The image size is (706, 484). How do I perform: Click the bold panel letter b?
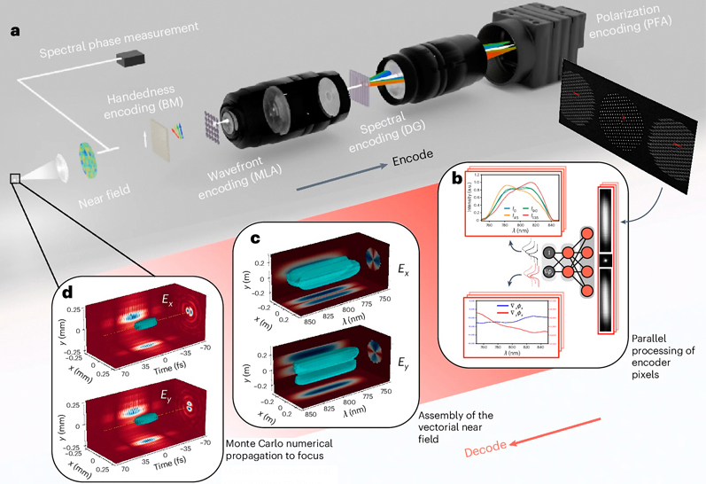point(456,178)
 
